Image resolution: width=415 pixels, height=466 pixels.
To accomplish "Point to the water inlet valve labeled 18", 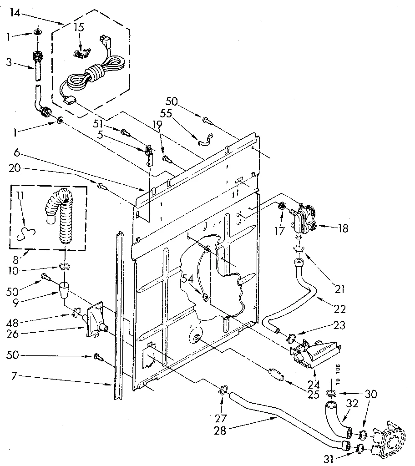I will (x=304, y=218).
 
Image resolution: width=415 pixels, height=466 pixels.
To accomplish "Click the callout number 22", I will (x=339, y=309).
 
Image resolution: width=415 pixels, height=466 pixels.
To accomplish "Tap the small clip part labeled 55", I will (x=206, y=139).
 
